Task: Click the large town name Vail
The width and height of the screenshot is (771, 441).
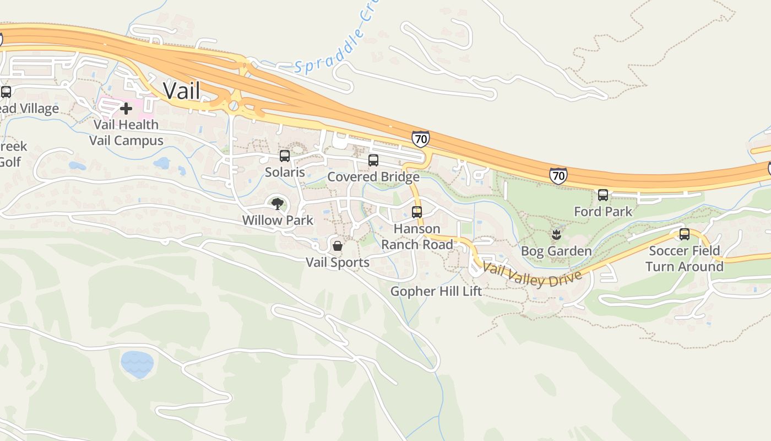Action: coord(181,90)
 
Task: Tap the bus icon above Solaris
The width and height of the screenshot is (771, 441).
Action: coord(285,156)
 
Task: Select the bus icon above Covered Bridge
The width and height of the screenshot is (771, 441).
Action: coord(373,160)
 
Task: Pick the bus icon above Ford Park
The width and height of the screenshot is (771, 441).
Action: coord(603,195)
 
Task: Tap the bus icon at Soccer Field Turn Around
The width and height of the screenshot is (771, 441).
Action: coord(685,234)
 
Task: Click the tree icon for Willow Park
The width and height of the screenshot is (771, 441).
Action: coord(278,204)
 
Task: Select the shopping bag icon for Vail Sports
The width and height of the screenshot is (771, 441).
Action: coord(338,246)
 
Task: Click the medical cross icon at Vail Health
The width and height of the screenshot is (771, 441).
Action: coord(126,109)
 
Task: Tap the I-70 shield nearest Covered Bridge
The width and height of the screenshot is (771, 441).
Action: coord(420,139)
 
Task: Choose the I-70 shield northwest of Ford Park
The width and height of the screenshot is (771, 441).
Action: coord(558,176)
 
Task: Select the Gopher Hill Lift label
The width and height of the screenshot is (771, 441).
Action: coord(436,291)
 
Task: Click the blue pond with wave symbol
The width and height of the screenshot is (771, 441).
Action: coord(137,364)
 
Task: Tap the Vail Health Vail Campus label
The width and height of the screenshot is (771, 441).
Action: coord(126,133)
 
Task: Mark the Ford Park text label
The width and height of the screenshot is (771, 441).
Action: coord(603,212)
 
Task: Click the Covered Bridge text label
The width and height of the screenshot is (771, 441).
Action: coord(373,177)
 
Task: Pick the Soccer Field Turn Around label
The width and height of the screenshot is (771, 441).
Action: coord(685,259)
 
